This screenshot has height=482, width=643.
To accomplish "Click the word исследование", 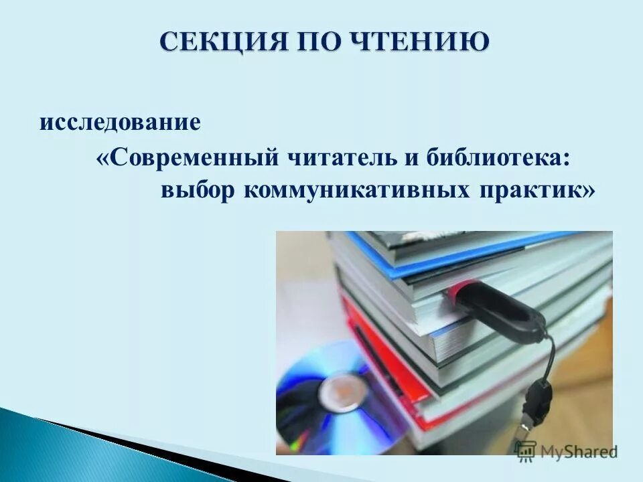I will pos(121,123).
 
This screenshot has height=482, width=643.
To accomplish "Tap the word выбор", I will pos(198,190).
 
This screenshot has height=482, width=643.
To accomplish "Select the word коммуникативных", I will pos(356,190).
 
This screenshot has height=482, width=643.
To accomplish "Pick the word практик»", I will pos(535,190).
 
